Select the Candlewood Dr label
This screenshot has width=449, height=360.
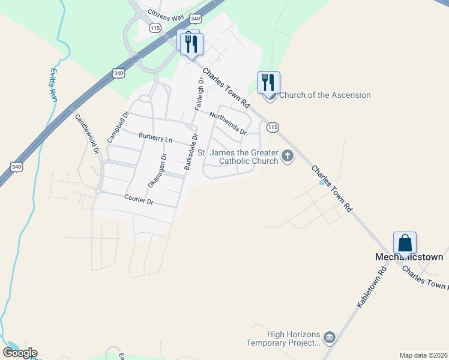86,134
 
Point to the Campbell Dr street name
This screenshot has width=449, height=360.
118,127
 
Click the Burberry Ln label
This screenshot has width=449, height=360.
155,138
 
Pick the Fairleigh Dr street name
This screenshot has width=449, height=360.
200,94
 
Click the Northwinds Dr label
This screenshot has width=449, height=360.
228,122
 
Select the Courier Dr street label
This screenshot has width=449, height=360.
140,200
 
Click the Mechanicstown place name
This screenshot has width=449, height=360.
409,257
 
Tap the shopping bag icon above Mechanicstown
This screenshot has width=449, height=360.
405,243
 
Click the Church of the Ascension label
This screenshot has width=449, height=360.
325,95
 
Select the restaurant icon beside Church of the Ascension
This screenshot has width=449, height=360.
268,82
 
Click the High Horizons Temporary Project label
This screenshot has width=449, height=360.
283,339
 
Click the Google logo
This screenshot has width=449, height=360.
20,353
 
